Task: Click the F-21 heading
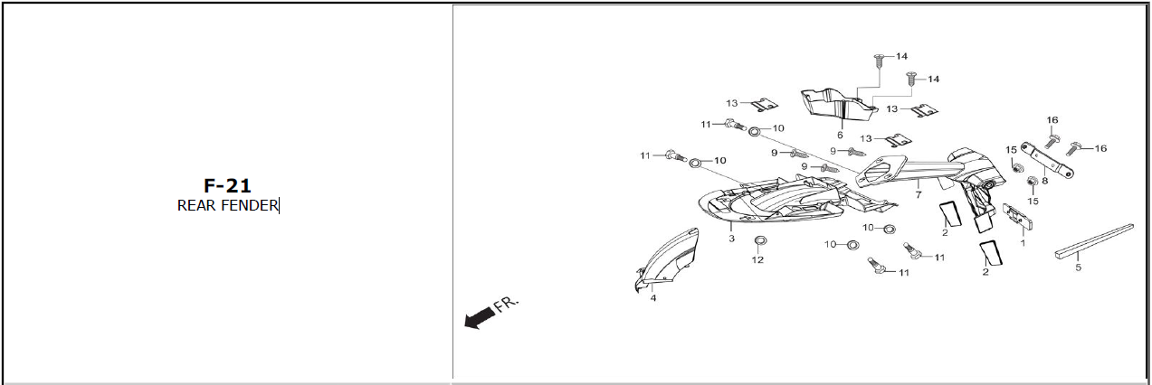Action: click(227, 185)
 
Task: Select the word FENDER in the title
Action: click(250, 205)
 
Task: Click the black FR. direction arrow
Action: click(479, 317)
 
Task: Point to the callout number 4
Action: click(653, 297)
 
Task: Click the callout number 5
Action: click(1078, 268)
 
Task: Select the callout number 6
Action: click(840, 135)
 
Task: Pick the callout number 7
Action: click(918, 194)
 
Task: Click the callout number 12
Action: click(757, 259)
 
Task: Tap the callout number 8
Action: click(1044, 181)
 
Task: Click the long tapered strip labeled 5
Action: click(1094, 239)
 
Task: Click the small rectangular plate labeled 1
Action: click(1018, 216)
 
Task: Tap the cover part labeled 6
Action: click(838, 107)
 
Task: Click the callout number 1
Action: click(1023, 243)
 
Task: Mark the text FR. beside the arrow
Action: click(507, 304)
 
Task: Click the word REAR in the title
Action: click(197, 205)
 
